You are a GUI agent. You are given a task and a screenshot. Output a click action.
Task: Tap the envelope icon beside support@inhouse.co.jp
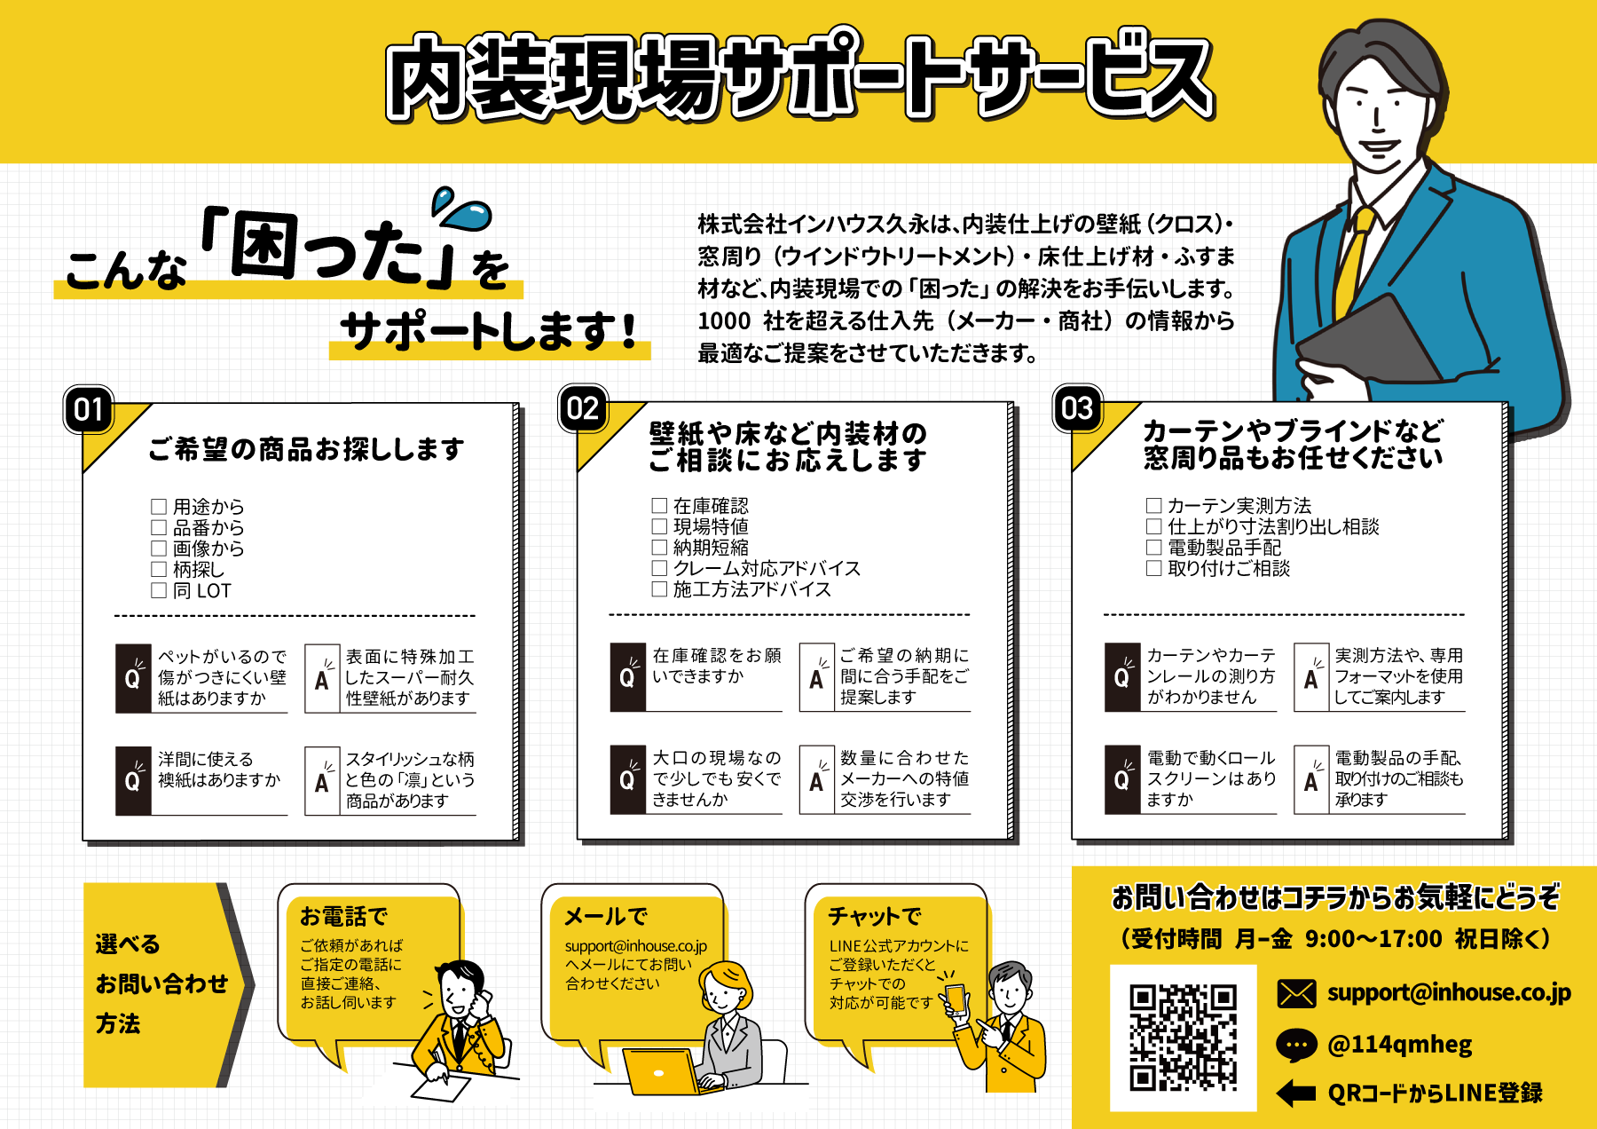coord(1296,992)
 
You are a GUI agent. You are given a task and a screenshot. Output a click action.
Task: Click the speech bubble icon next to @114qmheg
coord(1296,1045)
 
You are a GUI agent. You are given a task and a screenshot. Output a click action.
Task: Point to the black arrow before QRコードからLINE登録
coord(1296,1093)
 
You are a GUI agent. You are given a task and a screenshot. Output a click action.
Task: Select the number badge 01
coord(89,409)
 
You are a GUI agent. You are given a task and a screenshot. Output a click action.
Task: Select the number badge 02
coord(583,408)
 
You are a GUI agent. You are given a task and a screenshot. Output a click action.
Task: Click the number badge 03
coord(1077,408)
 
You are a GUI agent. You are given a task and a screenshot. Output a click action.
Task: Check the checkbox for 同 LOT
coord(159,590)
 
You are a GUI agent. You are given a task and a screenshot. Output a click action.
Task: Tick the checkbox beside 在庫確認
coord(659,506)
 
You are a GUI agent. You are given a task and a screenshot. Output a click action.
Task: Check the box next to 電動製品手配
coord(1153,547)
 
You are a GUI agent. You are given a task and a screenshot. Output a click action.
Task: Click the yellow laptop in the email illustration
coord(660,1072)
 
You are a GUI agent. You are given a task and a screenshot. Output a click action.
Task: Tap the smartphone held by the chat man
coord(956,999)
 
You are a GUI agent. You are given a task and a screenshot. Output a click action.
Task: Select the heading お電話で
coord(343,915)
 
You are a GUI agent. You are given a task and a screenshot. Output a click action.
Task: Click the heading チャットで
coord(874,915)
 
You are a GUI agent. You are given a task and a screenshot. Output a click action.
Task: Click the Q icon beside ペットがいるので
coord(133,679)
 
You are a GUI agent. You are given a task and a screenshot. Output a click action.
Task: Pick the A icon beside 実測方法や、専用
coord(1311,678)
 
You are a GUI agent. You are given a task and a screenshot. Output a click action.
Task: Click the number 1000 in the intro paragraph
coord(724,320)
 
